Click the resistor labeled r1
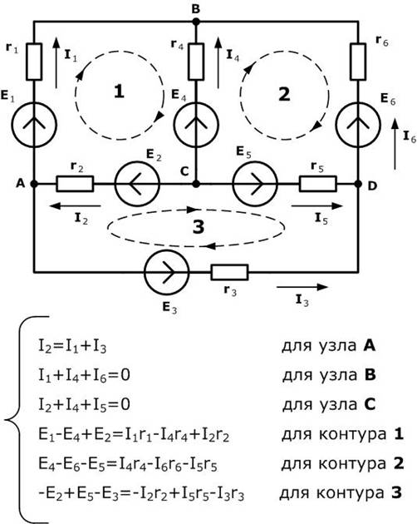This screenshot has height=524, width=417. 34,62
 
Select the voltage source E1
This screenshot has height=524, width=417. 34,125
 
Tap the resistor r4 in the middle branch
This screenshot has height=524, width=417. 196,62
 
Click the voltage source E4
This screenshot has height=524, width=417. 196,125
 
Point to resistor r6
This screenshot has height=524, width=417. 358,62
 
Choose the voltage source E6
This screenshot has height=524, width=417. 358,125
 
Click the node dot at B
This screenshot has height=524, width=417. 196,22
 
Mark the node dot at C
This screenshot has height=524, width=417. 196,184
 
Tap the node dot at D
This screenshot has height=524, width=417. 358,184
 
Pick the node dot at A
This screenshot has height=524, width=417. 34,184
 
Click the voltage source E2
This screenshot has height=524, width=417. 137,184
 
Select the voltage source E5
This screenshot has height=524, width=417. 255,184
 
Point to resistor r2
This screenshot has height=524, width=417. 75,184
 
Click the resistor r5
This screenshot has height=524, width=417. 318,184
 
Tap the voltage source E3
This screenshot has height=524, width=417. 167,272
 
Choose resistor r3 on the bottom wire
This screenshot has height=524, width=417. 229,272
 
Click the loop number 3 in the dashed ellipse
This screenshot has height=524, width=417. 199,227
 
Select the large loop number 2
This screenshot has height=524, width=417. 284,94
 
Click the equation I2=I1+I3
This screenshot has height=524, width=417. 72,347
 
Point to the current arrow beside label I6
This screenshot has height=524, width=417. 395,145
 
